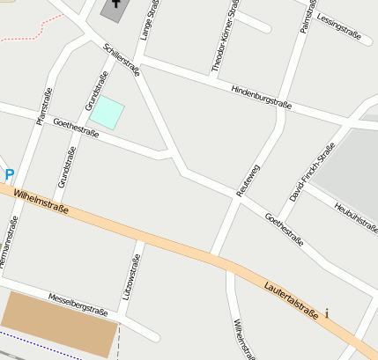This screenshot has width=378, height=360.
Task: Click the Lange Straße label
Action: click(x=147, y=19)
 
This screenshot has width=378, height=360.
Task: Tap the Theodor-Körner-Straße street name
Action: click(x=224, y=35)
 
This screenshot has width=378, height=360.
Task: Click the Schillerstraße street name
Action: click(x=121, y=61)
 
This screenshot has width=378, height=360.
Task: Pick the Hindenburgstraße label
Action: click(x=261, y=96)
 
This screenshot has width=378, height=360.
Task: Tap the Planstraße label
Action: click(x=43, y=106)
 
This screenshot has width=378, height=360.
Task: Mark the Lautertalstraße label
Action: click(x=291, y=298)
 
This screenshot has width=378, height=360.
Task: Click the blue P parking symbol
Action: click(x=9, y=175)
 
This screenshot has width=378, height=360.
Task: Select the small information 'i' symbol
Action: click(x=327, y=312)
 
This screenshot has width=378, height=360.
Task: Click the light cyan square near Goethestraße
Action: click(x=107, y=113)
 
